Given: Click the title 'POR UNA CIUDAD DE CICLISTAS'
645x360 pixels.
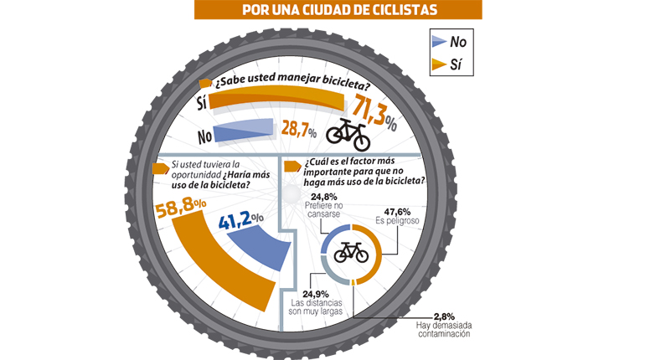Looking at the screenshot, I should click(x=338, y=10).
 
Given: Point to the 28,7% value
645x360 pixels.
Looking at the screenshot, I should click(x=298, y=131).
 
